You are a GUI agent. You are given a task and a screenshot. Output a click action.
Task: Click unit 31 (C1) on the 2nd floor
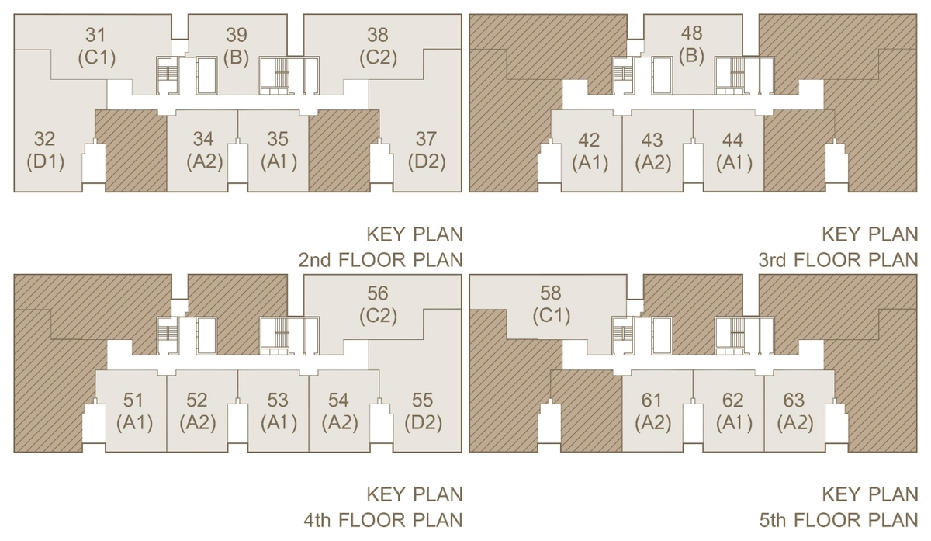96,47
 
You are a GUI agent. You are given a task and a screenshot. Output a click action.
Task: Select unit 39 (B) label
237,47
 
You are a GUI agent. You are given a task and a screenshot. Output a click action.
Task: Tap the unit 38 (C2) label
378,47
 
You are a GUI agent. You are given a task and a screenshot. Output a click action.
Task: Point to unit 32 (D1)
45,151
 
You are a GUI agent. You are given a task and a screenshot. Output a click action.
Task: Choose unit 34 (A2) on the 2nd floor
204,151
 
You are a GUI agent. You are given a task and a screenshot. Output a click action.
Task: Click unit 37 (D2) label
427,151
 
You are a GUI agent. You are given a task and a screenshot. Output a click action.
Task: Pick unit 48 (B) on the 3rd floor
691,45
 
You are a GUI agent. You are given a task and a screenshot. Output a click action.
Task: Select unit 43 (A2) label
652,152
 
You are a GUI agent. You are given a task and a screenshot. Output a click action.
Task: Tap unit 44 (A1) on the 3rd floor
734,152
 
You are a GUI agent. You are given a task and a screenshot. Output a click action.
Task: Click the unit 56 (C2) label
378,305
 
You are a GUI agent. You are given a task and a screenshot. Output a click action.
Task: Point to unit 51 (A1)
134,412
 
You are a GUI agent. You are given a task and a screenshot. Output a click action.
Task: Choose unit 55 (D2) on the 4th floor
423,412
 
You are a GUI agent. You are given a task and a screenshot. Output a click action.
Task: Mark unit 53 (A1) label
279,412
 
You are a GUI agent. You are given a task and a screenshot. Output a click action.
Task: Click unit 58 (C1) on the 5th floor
551,305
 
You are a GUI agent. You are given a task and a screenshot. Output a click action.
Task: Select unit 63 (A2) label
794,412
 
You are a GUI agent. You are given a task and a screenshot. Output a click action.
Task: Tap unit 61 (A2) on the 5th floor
652,412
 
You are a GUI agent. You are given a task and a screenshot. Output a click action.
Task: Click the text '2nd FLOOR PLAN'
381,260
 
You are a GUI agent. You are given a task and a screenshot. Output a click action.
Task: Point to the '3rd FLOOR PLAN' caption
839,260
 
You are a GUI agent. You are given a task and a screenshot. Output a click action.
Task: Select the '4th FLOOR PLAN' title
383,520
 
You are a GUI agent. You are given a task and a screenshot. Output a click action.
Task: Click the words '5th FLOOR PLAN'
839,520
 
